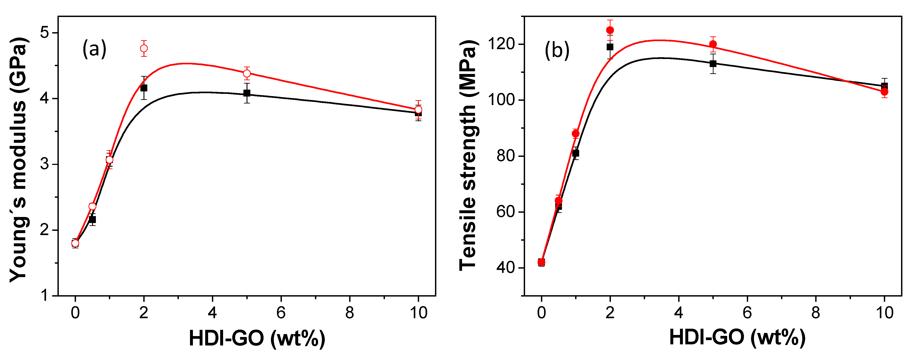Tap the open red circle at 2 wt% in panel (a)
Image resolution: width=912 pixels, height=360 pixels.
(144, 48)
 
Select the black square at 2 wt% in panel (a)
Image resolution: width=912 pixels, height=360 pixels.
(144, 88)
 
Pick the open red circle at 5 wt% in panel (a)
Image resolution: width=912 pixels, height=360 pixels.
(247, 73)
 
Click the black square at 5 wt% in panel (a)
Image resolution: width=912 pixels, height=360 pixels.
(247, 93)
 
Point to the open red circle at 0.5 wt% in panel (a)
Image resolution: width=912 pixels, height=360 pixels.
(92, 206)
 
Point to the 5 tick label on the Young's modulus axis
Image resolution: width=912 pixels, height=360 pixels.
(44, 33)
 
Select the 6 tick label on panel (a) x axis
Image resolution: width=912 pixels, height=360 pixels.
(281, 313)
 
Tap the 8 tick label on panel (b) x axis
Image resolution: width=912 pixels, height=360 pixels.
(816, 313)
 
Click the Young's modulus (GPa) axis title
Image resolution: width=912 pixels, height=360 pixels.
(18, 159)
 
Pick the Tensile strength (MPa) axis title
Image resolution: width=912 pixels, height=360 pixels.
(468, 156)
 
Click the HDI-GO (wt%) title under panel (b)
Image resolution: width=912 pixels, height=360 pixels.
(737, 338)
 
